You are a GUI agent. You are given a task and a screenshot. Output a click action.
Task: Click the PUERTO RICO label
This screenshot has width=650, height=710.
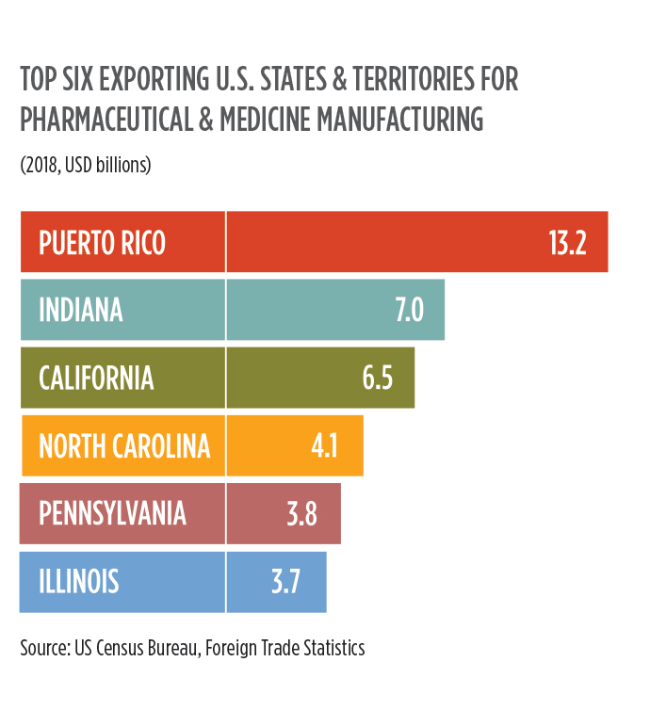[x=102, y=243]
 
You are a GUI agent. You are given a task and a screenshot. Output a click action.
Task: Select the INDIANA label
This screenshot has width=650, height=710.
[x=81, y=310]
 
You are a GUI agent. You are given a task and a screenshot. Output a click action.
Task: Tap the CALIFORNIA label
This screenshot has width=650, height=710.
[x=96, y=378]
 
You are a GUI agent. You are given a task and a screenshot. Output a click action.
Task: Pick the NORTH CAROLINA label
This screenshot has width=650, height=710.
[x=123, y=445]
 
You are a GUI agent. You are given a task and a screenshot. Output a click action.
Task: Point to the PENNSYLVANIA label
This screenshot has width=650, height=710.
[x=112, y=513]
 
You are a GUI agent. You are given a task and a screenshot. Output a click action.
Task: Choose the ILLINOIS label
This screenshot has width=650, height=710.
[x=79, y=581]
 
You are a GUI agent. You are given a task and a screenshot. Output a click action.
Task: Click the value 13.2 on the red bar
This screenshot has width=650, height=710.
[x=567, y=243]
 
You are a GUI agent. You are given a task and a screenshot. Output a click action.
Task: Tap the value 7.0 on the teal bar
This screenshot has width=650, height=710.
[x=408, y=310]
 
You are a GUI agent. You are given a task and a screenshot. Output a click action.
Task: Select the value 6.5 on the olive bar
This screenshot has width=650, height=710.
[x=377, y=378]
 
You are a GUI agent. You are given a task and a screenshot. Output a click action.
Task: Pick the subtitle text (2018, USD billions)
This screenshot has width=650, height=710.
[x=86, y=165]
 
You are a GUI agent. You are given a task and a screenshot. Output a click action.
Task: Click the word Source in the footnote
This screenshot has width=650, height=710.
[x=43, y=648]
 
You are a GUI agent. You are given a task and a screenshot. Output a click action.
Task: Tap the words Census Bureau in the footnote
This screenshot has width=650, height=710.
[x=144, y=648]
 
